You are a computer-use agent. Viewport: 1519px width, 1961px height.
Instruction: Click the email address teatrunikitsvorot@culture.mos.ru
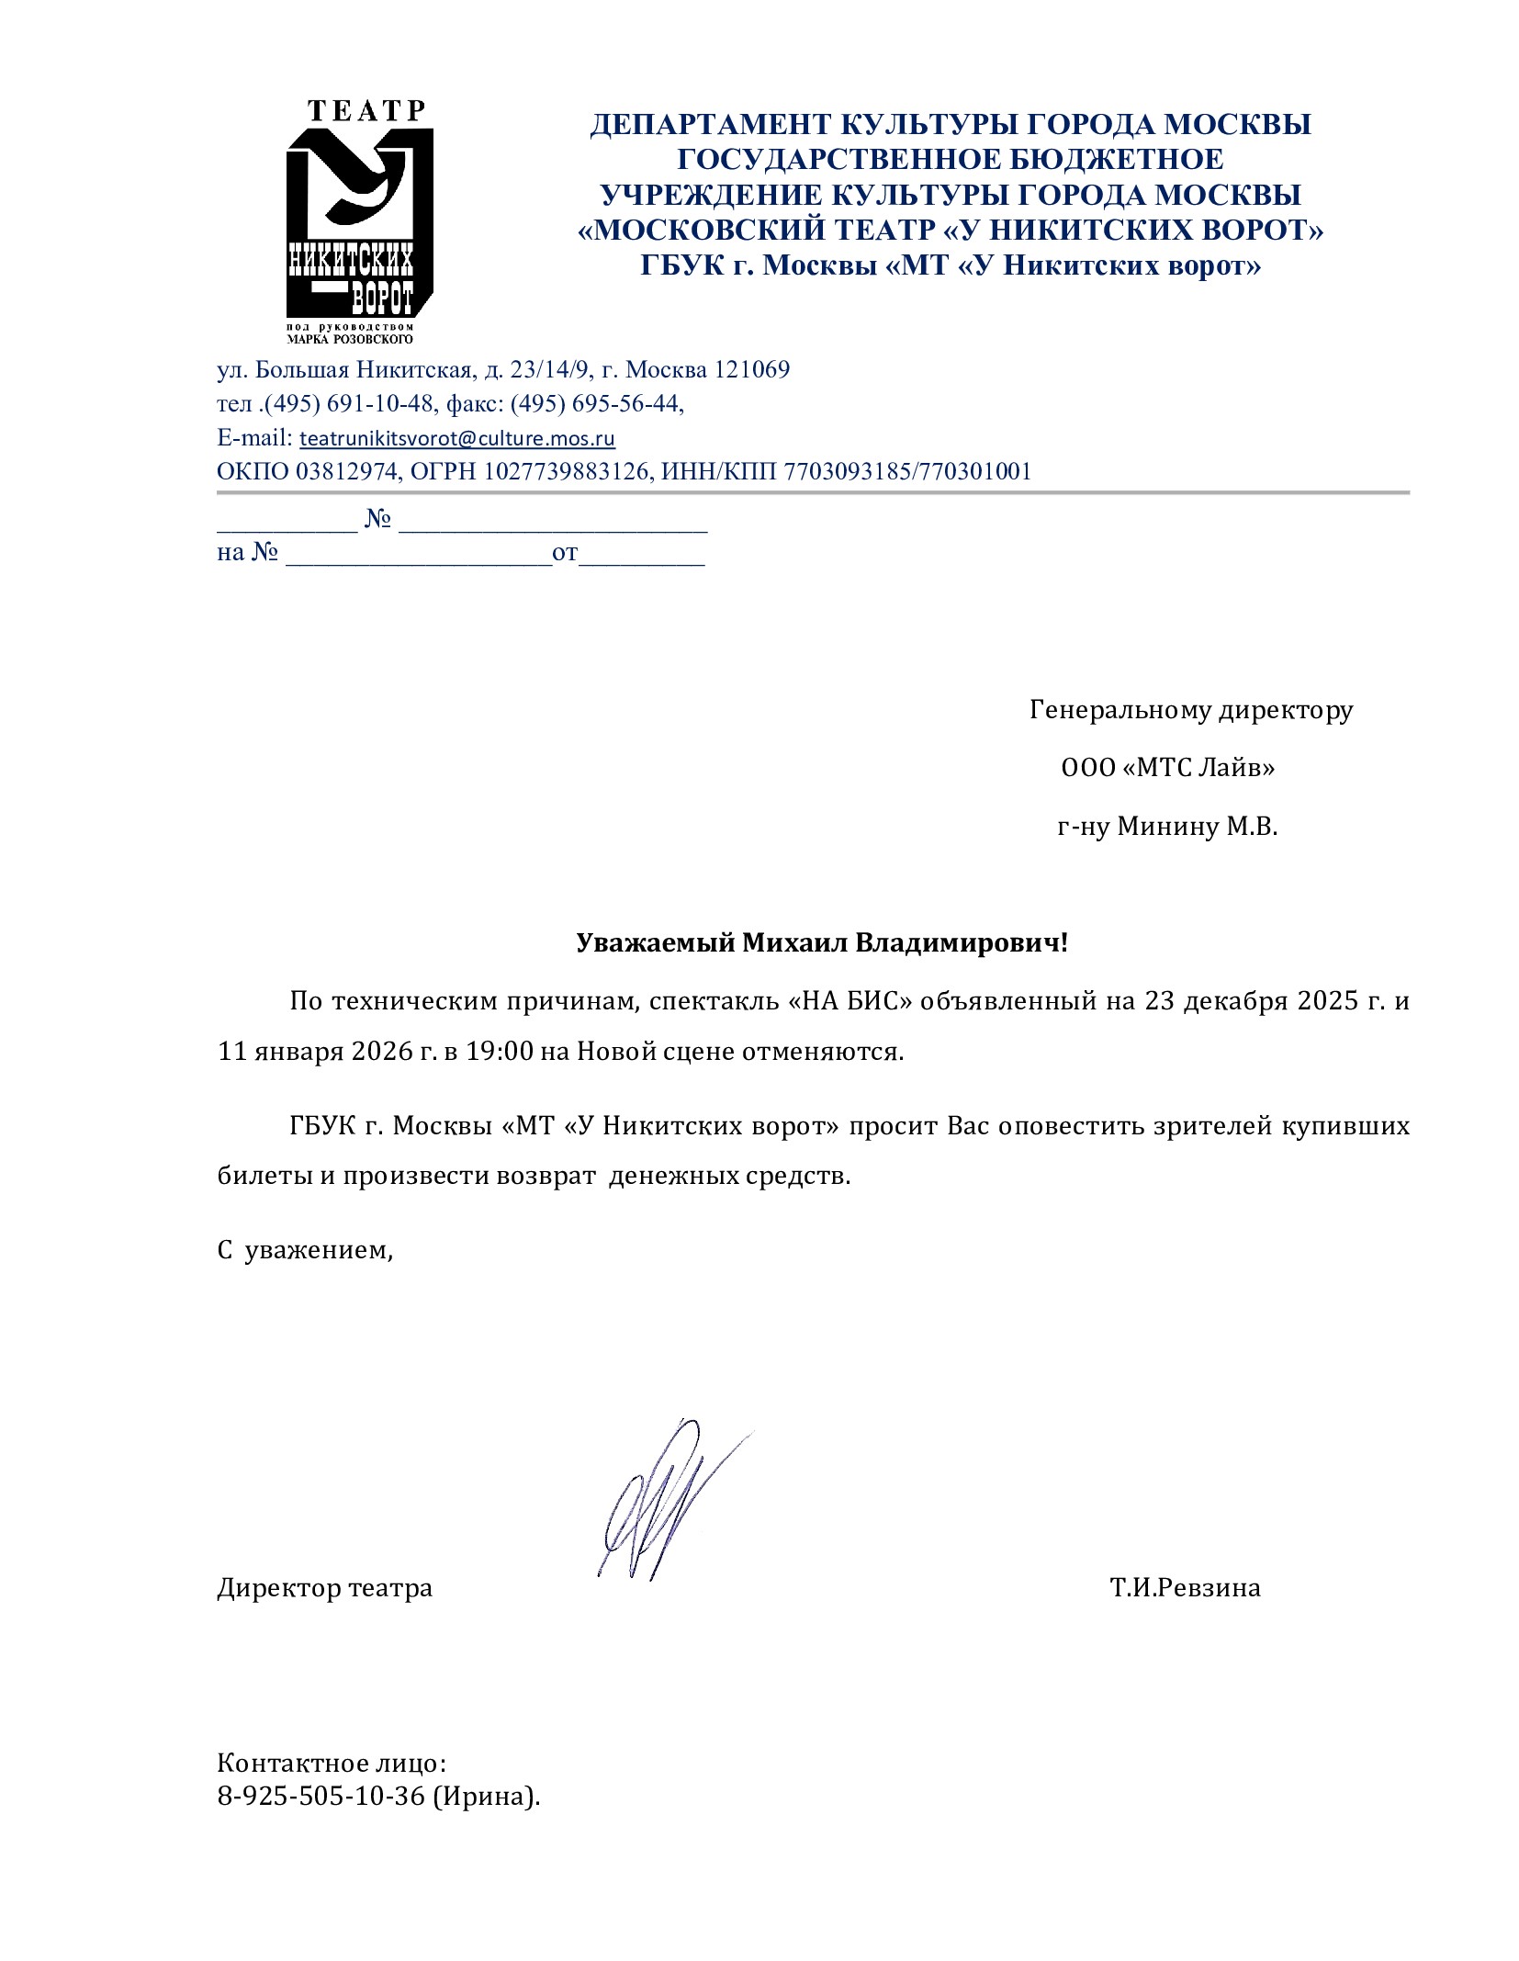tap(457, 438)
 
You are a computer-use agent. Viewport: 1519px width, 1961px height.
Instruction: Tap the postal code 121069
tap(751, 370)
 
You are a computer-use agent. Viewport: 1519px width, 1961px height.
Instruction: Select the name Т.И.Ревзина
tap(1184, 1588)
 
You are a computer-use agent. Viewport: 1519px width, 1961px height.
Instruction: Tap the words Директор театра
tap(324, 1588)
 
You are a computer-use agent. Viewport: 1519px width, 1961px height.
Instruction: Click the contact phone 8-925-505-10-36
tap(321, 1797)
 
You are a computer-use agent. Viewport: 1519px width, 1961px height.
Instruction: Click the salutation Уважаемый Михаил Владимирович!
tap(822, 942)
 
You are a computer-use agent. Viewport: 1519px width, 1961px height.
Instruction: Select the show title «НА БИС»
tap(850, 1000)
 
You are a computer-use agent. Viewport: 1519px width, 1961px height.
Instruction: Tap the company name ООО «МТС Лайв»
tap(1167, 767)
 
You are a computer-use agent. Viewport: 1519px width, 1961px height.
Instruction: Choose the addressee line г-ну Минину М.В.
tap(1166, 827)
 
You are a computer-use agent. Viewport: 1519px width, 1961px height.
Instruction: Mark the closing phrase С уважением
tap(305, 1250)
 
